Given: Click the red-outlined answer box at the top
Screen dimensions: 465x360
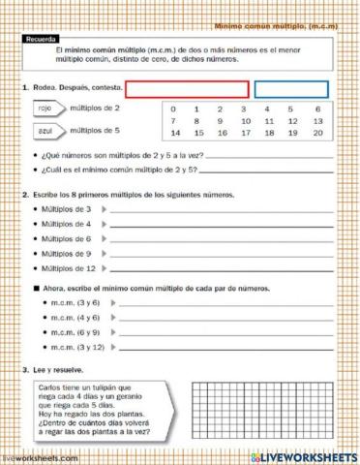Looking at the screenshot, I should tap(187, 89).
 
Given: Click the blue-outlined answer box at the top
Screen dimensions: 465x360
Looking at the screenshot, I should tap(290, 89).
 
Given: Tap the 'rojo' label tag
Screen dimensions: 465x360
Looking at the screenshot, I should tap(45, 109).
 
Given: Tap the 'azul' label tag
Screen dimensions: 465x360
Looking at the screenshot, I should tap(45, 129).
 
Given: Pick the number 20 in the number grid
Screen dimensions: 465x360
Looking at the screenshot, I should tap(316, 133).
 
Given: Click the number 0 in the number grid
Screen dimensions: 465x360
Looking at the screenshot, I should tap(173, 109).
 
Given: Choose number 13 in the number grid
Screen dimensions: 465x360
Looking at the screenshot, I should tap(316, 121).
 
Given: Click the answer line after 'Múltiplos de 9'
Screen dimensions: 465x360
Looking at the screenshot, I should tap(223, 255).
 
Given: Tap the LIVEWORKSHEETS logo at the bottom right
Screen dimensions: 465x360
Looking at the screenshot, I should tap(305, 456).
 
